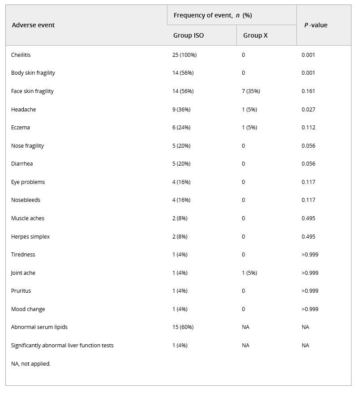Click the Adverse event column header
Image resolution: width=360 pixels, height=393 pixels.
(x=33, y=25)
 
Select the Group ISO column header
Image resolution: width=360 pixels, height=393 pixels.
(x=189, y=35)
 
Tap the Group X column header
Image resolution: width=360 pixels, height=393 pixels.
(x=255, y=35)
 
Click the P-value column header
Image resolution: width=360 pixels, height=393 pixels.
(x=316, y=25)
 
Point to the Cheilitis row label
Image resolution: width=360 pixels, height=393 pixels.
(x=21, y=55)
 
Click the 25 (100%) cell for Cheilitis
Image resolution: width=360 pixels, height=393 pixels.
(x=184, y=55)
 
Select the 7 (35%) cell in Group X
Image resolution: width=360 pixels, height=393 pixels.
(x=251, y=91)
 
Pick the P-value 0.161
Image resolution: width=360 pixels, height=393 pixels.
(x=309, y=91)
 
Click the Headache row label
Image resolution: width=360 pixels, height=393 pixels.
(x=23, y=110)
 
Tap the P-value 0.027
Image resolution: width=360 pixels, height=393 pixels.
(x=309, y=110)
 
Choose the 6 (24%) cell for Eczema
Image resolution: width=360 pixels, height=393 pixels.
(x=181, y=128)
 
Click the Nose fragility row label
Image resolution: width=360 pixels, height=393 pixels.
(x=27, y=146)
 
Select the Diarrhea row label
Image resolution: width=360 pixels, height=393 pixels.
(x=22, y=164)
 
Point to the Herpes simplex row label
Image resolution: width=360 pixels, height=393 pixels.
(x=30, y=237)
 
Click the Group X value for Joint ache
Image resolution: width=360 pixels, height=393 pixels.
(x=249, y=273)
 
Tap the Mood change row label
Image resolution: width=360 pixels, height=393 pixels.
(x=28, y=309)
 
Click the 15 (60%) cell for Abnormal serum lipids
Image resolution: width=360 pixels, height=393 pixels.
(x=183, y=327)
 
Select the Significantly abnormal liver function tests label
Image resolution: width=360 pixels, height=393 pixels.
(x=62, y=346)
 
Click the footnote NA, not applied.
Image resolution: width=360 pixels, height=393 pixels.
(x=31, y=364)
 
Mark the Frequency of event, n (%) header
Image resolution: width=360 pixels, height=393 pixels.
(x=213, y=16)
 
